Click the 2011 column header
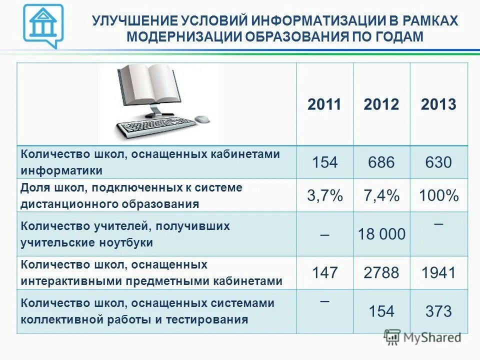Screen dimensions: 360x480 click(324, 104)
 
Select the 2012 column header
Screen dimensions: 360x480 click(381, 104)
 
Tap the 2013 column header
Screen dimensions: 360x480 click(438, 104)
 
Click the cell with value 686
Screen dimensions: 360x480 click(381, 162)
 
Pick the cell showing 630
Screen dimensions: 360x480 click(438, 162)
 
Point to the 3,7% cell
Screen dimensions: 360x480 click(325, 195)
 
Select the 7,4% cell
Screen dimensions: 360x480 click(381, 195)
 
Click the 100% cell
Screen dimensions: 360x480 click(439, 195)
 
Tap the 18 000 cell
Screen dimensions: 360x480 click(382, 233)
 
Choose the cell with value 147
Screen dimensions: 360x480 click(325, 273)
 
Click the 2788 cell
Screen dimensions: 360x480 click(381, 273)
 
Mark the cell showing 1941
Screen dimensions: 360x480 click(438, 273)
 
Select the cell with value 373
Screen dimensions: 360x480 click(438, 312)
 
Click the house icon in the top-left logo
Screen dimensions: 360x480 click(43, 23)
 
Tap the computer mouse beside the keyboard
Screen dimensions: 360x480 click(201, 119)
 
